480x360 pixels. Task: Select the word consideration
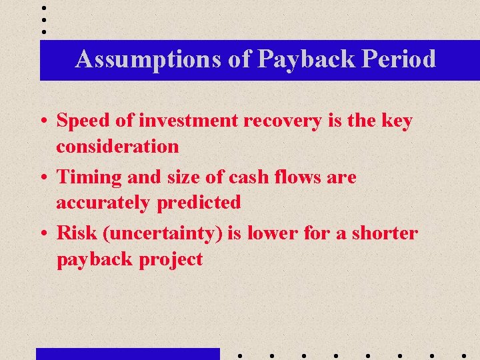[x=117, y=146]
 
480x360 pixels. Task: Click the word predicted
[x=199, y=202]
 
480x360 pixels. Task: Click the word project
[x=171, y=259]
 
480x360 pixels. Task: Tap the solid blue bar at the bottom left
[x=127, y=354]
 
